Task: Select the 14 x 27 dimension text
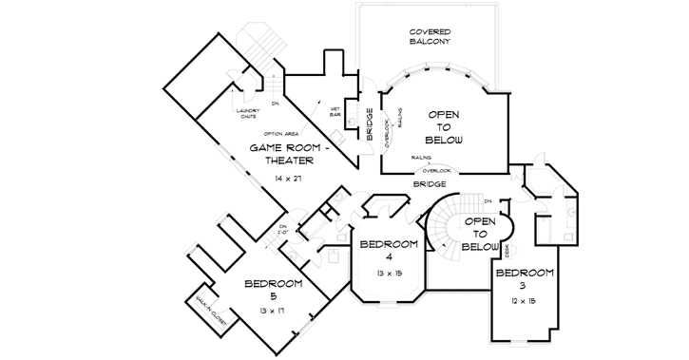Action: pos(287,179)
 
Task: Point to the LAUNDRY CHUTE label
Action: pos(249,114)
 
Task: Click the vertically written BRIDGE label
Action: pos(370,125)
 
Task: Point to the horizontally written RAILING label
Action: pos(422,157)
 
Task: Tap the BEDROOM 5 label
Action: pos(273,291)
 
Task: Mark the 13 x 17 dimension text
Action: pos(271,311)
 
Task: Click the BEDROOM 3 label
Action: pos(523,280)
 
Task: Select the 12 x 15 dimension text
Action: pos(522,301)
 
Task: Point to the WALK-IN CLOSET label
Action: pos(209,311)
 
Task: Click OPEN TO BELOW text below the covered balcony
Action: pos(443,125)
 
